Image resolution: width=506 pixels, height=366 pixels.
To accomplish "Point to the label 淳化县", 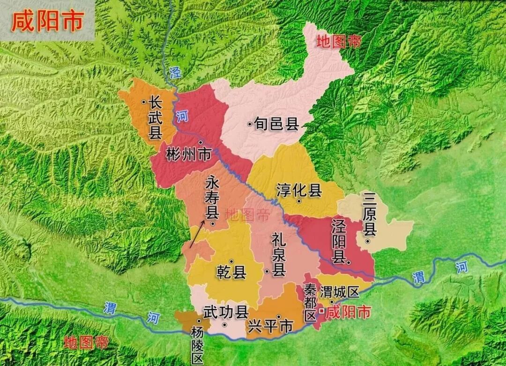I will pyautogui.click(x=299, y=190).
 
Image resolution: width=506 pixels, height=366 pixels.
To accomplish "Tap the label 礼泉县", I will pyautogui.click(x=279, y=256).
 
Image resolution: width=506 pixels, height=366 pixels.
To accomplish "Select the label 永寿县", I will pyautogui.click(x=212, y=200).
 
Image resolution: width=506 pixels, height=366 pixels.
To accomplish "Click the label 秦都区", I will pyautogui.click(x=310, y=302).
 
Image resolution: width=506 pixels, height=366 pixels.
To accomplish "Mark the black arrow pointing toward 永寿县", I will pyautogui.click(x=197, y=234).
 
